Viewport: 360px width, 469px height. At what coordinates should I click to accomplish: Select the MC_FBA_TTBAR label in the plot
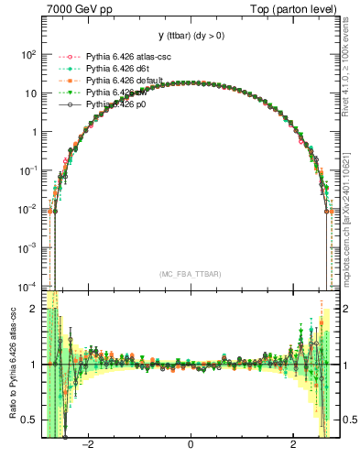pyautogui.click(x=191, y=274)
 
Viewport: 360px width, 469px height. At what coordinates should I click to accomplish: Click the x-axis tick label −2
pyautogui.click(x=89, y=446)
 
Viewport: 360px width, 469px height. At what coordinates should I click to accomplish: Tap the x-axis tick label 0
pyautogui.click(x=191, y=446)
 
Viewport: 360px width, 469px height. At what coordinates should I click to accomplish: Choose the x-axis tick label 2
pyautogui.click(x=292, y=446)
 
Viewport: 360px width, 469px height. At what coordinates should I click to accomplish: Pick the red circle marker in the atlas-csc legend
pyautogui.click(x=67, y=58)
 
